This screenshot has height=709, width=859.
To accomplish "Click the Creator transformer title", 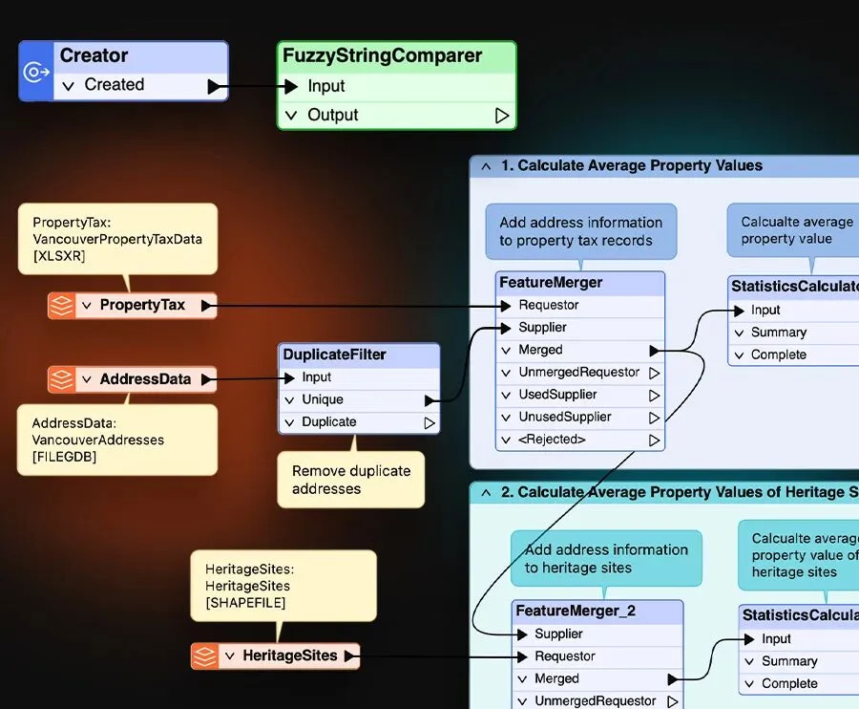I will pyautogui.click(x=94, y=55).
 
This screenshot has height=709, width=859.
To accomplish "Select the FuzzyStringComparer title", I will pyautogui.click(x=382, y=55).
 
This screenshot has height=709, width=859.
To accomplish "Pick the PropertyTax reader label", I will pyautogui.click(x=142, y=305).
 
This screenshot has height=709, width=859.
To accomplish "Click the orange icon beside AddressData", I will pyautogui.click(x=62, y=379).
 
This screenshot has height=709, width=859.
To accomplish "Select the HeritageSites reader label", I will pyautogui.click(x=289, y=655).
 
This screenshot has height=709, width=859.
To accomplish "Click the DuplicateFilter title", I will pyautogui.click(x=334, y=354).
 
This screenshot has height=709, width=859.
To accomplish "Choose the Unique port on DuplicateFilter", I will pyautogui.click(x=323, y=399).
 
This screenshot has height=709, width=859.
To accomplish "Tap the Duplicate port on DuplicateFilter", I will pyautogui.click(x=328, y=421).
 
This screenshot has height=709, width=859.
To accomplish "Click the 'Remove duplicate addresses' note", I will pyautogui.click(x=351, y=480).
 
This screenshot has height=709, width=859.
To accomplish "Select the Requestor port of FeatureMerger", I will pyautogui.click(x=548, y=305).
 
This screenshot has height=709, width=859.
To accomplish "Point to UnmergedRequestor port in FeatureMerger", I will pyautogui.click(x=578, y=372).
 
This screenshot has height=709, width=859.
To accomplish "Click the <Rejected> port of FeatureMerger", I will pyautogui.click(x=552, y=440).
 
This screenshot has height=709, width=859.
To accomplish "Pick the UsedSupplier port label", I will pyautogui.click(x=557, y=395).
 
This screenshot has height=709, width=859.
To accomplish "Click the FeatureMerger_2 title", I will pyautogui.click(x=575, y=611).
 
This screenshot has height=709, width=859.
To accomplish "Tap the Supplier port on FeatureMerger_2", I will pyautogui.click(x=558, y=634).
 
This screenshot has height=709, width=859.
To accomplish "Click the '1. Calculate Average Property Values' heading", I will pyautogui.click(x=631, y=165).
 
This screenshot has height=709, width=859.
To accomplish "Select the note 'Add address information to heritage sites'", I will pyautogui.click(x=606, y=558).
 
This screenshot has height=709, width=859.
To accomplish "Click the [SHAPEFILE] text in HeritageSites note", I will pyautogui.click(x=245, y=603).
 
